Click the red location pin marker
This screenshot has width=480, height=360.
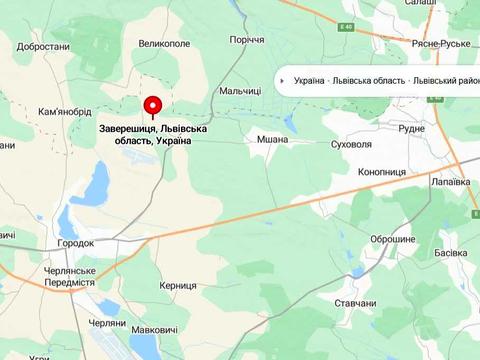152,106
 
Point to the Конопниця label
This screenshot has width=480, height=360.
381,172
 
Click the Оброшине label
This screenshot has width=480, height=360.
393,240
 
